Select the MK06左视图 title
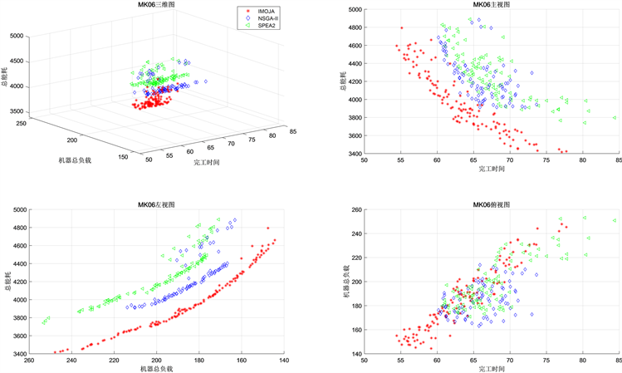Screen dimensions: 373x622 [154, 204]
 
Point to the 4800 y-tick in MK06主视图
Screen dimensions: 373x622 [354, 27]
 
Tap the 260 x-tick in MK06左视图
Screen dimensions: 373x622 [29, 360]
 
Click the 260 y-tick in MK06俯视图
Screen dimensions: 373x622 [356, 211]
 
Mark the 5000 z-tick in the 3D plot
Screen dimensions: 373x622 [17, 36]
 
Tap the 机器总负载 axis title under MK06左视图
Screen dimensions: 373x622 [154, 368]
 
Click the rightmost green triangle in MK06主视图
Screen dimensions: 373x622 [615, 118]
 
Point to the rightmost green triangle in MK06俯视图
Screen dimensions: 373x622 [615, 221]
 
